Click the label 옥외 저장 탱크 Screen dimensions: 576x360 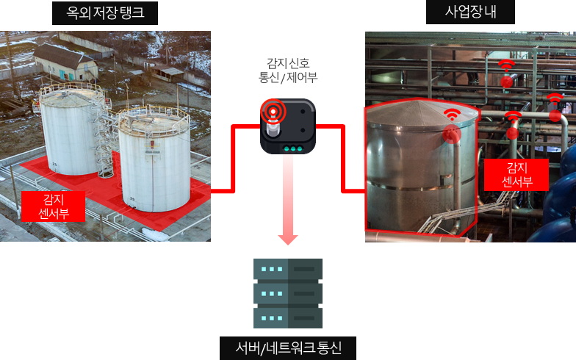(x=104, y=13)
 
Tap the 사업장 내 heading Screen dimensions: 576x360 (x=470, y=12)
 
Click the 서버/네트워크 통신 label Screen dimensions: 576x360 (x=288, y=348)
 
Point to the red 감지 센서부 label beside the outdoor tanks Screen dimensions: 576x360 (x=53, y=206)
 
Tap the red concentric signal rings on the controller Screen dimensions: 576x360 (x=273, y=111)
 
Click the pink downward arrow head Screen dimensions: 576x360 (x=288, y=239)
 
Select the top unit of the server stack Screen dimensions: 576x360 (x=288, y=269)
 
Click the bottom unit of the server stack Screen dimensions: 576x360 (x=288, y=317)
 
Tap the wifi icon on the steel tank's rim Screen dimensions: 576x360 (x=453, y=115)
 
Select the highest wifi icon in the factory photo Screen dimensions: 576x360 (x=506, y=65)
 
